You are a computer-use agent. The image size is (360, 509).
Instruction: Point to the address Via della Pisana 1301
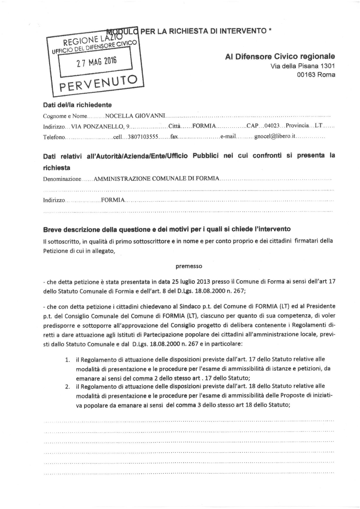tap(303, 66)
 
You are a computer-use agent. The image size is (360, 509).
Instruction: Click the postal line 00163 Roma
tap(316, 75)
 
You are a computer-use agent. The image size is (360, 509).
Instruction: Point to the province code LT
tap(318, 126)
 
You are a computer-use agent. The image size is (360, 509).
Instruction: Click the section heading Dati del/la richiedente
tap(77, 105)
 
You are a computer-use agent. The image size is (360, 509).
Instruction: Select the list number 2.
tap(68, 387)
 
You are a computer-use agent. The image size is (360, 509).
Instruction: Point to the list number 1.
tap(68, 360)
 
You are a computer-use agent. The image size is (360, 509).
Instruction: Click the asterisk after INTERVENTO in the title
tap(271, 31)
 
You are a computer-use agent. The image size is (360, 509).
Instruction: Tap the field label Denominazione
tap(62, 179)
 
